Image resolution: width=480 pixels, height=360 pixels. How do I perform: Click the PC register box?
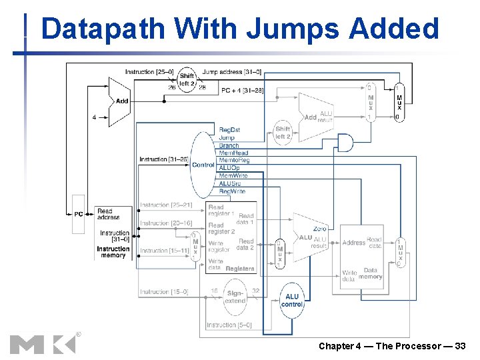79,214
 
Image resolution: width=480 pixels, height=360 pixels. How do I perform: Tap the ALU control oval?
293,300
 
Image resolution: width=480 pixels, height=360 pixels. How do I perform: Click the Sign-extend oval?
235,297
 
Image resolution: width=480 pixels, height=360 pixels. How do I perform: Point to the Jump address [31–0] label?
231,72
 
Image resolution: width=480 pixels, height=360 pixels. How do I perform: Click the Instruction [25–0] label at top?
149,72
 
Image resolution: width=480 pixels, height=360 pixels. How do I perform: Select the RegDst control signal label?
229,129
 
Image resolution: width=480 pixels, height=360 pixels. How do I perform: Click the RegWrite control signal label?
232,191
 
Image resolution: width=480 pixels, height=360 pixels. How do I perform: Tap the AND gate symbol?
345,142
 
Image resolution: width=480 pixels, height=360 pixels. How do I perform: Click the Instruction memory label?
113,252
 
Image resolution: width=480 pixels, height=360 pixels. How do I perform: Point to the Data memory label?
371,274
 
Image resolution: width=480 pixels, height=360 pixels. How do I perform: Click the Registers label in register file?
240,269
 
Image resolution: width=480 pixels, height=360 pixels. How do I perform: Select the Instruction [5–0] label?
229,325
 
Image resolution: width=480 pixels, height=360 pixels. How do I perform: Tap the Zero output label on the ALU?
319,229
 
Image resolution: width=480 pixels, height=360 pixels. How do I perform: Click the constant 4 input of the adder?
94,117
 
